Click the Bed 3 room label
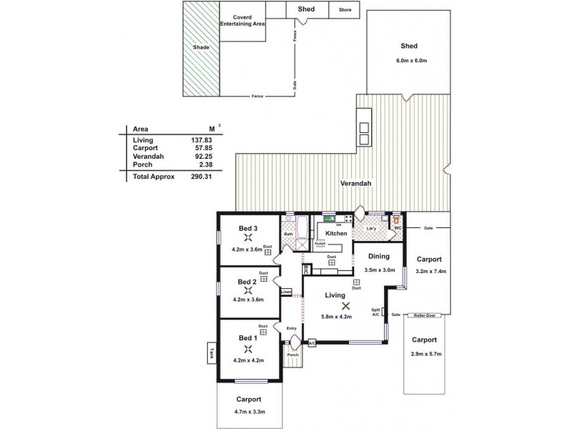point(248,228)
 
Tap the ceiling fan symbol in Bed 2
point(248,290)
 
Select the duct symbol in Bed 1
point(263,330)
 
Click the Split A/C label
point(375,312)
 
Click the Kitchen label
point(336,234)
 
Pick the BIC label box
point(305,270)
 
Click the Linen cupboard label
point(286,292)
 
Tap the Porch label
point(293,355)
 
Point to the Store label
point(345,10)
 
